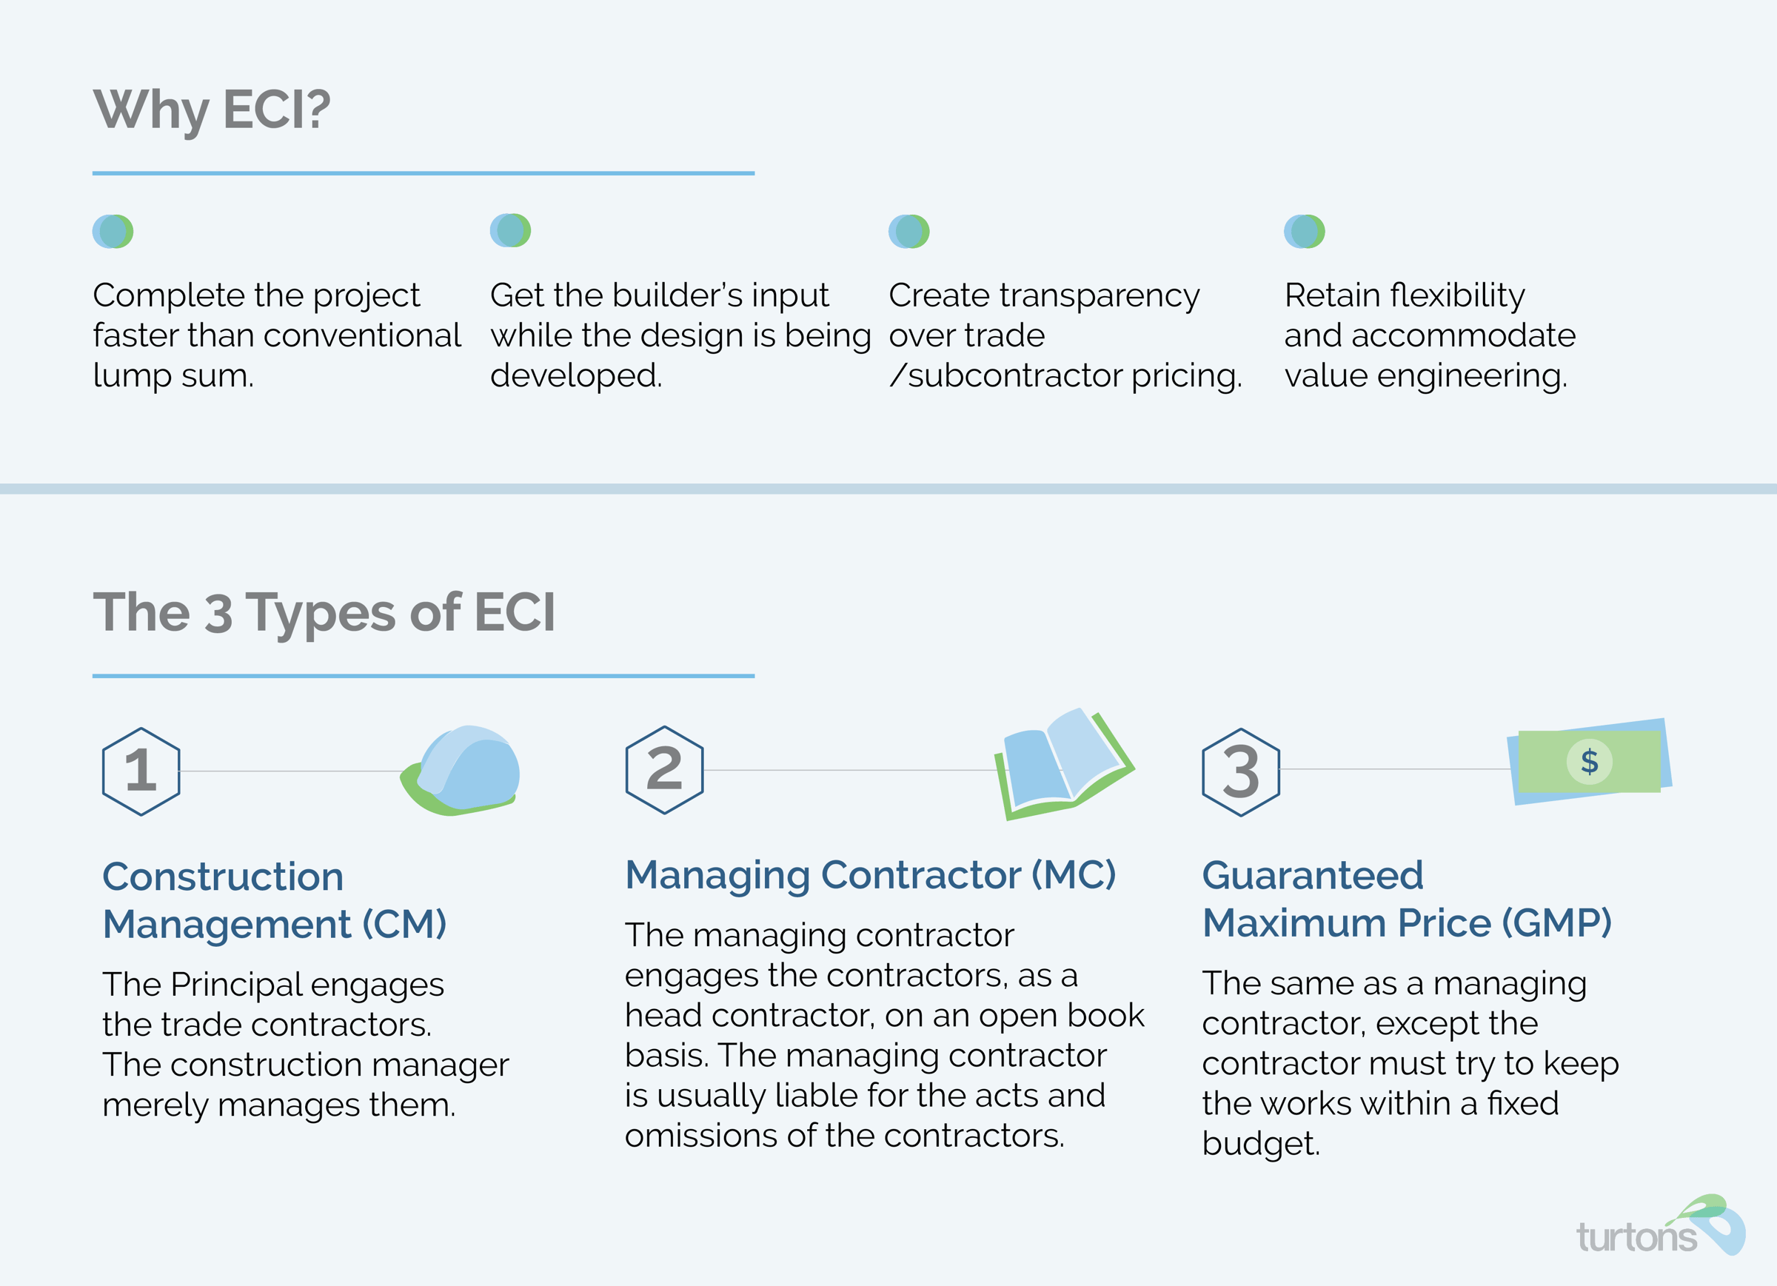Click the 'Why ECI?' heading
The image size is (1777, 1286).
212,110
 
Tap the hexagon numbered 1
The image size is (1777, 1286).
141,771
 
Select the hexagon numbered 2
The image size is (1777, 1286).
664,769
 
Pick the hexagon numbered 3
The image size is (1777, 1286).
1241,772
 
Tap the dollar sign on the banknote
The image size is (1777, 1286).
1589,761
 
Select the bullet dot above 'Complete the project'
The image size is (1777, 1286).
113,231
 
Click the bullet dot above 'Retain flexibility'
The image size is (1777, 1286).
1304,231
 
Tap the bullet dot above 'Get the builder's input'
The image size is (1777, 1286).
510,230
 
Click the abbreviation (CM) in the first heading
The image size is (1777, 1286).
404,924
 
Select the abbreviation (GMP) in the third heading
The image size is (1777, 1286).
1556,922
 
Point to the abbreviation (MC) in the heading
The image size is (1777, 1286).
1073,874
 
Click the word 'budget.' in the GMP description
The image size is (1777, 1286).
1261,1143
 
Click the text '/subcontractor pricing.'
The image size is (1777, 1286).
1065,375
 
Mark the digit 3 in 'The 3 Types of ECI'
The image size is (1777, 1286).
218,613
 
